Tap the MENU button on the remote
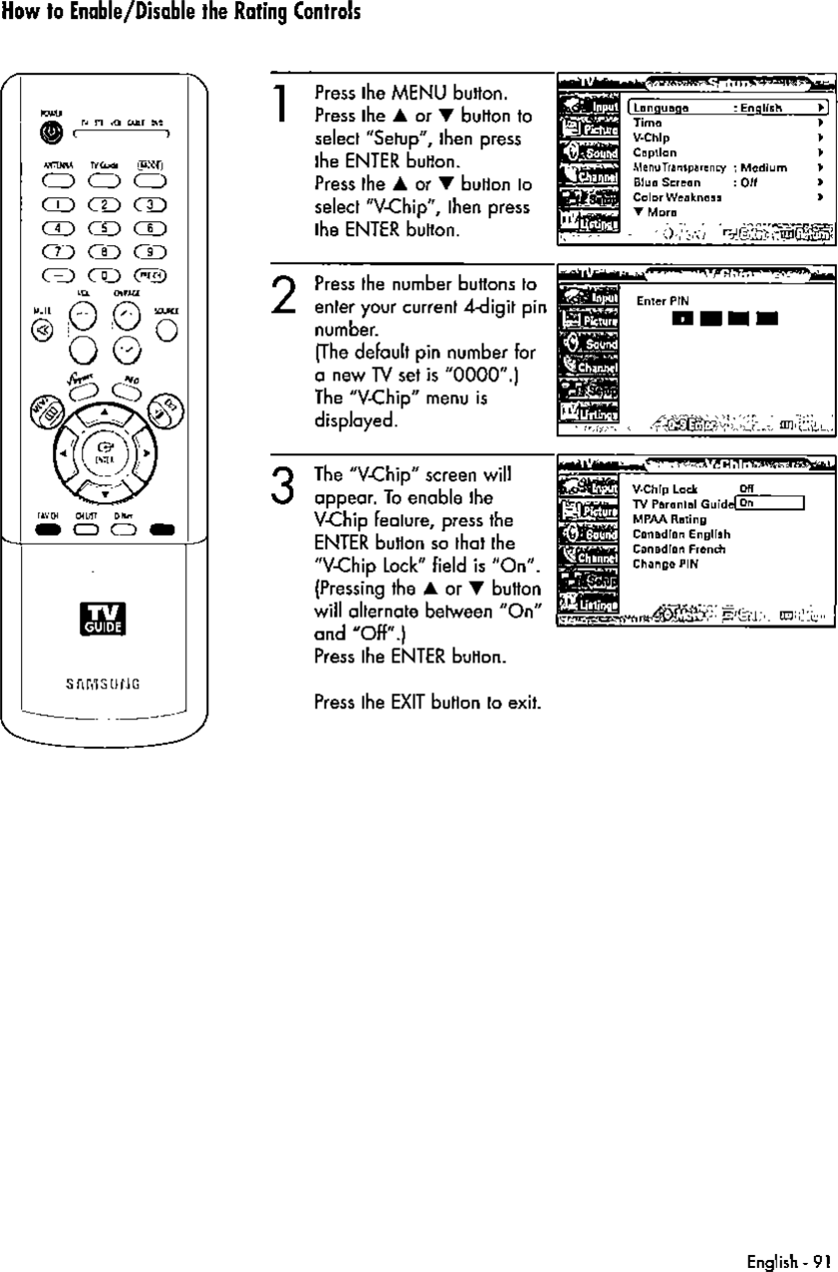[x=46, y=406]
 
